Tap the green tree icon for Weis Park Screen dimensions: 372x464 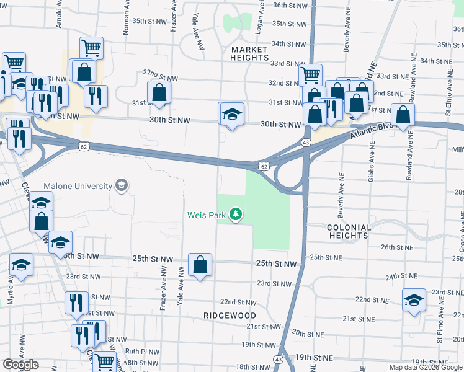point(236,215)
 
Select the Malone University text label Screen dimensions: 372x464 point(78,186)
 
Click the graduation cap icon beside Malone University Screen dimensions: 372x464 point(122,185)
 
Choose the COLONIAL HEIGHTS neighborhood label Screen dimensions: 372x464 point(349,231)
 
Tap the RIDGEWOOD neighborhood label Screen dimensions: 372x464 point(226,315)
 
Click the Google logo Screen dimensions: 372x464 point(20,365)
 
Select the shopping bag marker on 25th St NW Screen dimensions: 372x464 point(200,265)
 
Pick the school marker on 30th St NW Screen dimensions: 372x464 point(232,114)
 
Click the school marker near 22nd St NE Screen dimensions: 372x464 point(414,300)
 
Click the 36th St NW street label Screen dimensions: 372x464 point(290,5)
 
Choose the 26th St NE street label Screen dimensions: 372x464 point(396,247)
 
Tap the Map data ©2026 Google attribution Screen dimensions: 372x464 point(425,367)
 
